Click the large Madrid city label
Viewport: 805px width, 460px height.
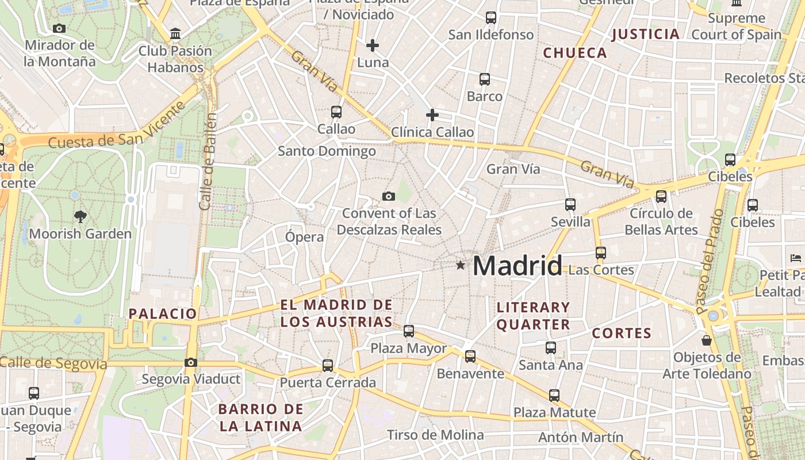click(x=517, y=266)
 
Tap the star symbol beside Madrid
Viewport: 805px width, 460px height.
click(x=460, y=265)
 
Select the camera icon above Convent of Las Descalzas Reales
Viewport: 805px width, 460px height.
click(x=389, y=197)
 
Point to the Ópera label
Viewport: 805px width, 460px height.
click(x=305, y=237)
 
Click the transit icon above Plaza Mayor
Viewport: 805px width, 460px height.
click(x=409, y=331)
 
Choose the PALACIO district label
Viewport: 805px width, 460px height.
click(x=163, y=313)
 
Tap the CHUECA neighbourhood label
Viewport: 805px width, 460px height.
click(x=575, y=53)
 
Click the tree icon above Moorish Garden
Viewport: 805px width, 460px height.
click(x=80, y=217)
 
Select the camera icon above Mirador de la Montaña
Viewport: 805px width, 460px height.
click(x=59, y=28)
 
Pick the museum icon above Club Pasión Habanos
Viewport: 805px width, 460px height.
click(x=175, y=34)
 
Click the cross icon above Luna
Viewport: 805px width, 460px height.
click(x=373, y=45)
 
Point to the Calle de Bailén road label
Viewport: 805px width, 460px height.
click(x=208, y=162)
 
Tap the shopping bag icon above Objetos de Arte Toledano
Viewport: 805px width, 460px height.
click(x=707, y=340)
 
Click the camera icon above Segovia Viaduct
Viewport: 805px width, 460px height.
click(x=191, y=362)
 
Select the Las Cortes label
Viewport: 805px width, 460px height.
click(x=601, y=270)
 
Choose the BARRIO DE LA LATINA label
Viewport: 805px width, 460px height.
click(x=261, y=417)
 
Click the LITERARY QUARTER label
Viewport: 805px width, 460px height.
click(x=533, y=316)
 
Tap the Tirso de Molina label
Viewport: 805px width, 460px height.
click(x=435, y=435)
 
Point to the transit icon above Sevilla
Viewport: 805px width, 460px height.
click(x=570, y=205)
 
